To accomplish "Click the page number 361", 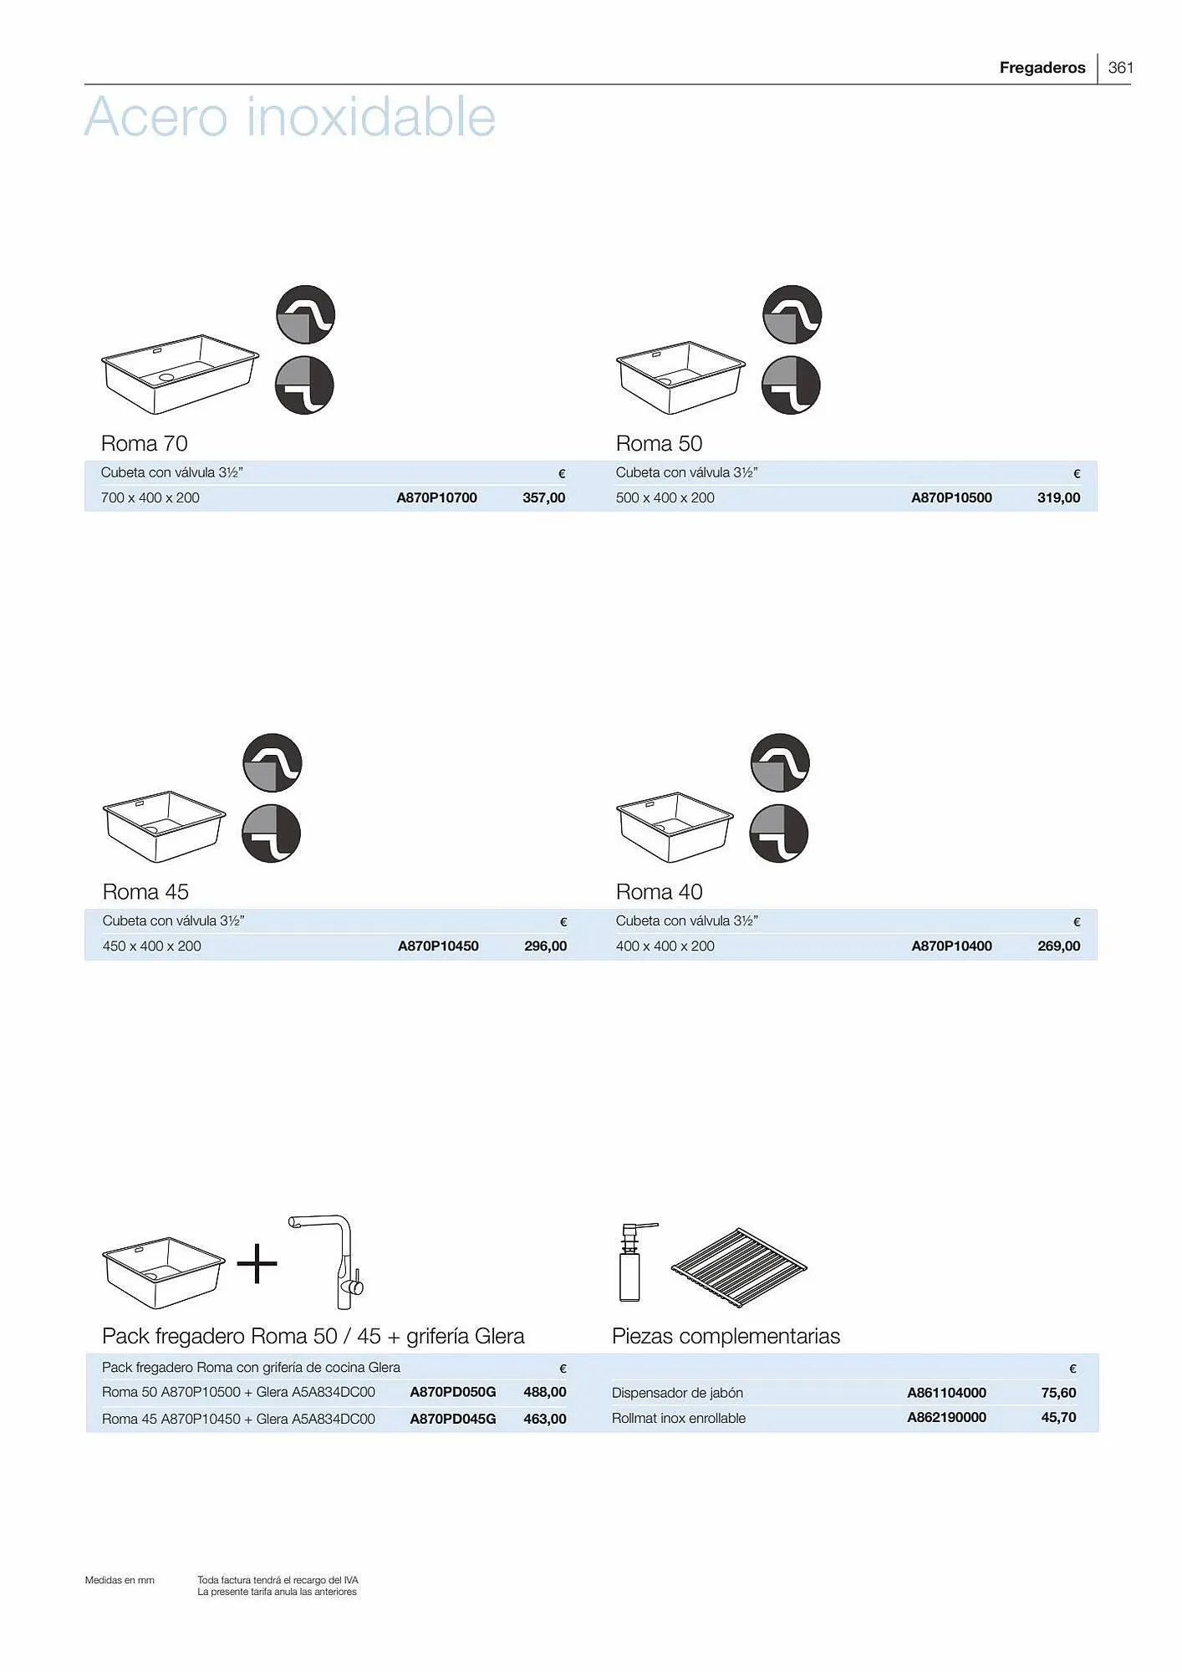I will click(1120, 68).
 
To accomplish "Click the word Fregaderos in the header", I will click(1042, 68).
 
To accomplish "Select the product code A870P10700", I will click(436, 497).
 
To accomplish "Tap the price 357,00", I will click(543, 497).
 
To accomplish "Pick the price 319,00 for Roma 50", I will click(1058, 497).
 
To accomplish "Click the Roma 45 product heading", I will click(145, 891).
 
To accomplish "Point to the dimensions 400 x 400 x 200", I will click(665, 946).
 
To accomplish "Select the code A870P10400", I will click(951, 946).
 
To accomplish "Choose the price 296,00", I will click(545, 946).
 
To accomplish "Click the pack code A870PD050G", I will click(452, 1392).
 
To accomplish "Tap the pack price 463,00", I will click(544, 1419).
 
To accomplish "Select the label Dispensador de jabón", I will click(677, 1393).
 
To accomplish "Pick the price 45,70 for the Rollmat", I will click(1058, 1417).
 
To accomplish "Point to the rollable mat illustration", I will click(738, 1262).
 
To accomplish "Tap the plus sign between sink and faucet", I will click(257, 1263).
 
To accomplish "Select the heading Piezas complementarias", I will click(726, 1336).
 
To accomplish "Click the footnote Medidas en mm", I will click(120, 1580).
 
